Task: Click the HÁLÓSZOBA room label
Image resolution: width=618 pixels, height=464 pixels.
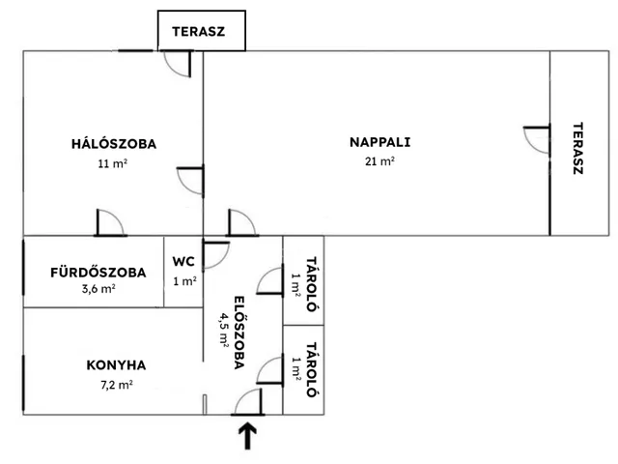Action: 113,144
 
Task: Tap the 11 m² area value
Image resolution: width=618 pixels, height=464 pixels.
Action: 113,164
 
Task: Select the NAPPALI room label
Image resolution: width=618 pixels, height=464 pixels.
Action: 379,142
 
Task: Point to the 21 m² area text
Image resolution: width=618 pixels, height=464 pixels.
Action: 379,162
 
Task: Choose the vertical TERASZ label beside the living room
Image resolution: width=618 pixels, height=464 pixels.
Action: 577,147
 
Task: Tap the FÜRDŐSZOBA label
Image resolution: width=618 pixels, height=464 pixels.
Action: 98,273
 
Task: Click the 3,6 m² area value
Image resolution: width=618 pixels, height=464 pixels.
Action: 98,289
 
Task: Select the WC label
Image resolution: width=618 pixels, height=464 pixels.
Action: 183,261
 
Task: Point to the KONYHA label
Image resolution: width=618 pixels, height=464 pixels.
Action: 116,365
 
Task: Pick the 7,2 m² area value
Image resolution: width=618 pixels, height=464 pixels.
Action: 116,384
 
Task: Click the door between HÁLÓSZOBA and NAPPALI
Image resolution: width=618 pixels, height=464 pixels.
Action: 191,180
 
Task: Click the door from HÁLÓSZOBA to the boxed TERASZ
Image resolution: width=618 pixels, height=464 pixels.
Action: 178,63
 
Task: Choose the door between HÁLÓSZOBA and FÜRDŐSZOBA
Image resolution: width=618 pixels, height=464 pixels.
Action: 109,223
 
